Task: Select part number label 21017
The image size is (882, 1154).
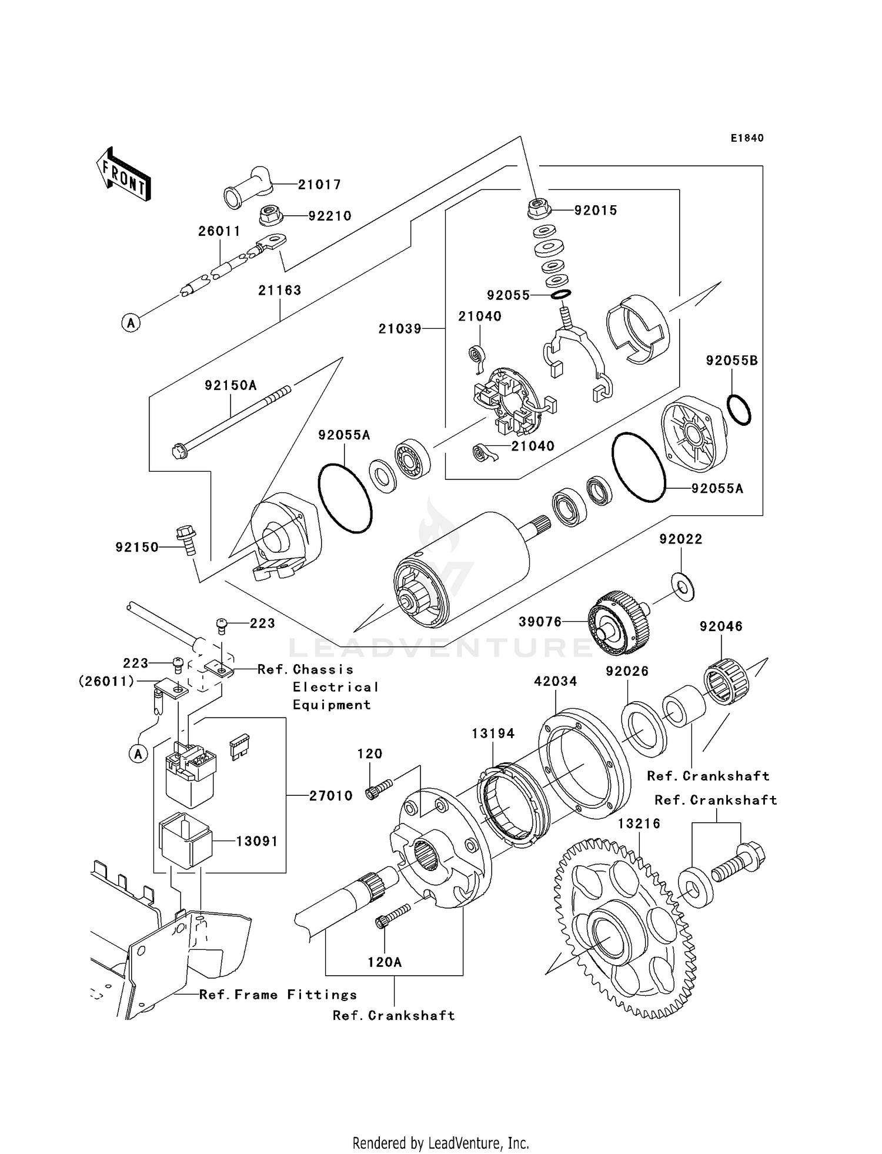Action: click(319, 185)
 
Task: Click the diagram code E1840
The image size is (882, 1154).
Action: click(747, 138)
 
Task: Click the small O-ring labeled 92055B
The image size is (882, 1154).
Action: click(739, 410)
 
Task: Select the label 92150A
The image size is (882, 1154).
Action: click(230, 386)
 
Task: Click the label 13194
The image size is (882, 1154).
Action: click(493, 733)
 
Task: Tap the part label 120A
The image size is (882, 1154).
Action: click(385, 962)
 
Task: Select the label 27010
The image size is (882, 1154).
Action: click(331, 796)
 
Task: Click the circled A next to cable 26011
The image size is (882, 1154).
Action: click(131, 322)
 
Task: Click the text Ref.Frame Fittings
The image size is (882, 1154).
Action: click(278, 995)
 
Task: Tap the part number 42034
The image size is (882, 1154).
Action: click(555, 681)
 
